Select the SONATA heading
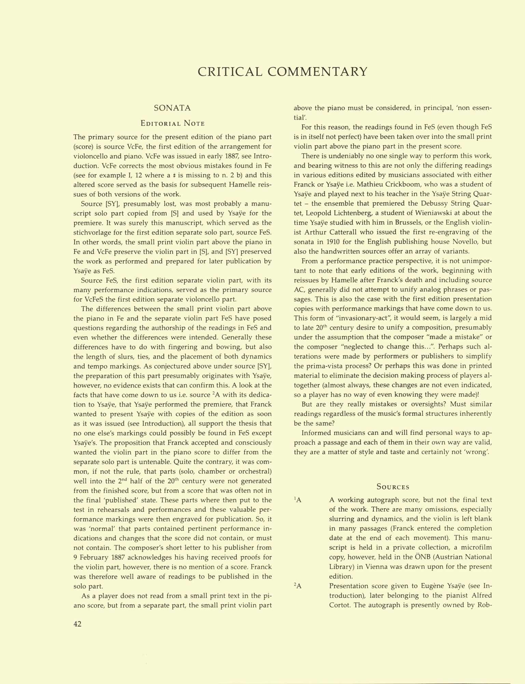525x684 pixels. point(172,108)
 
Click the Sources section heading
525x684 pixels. point(393,487)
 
